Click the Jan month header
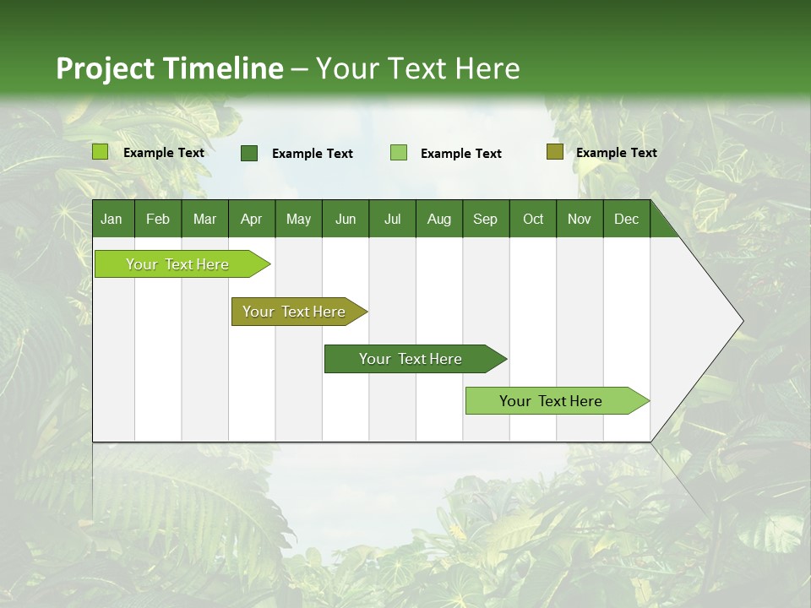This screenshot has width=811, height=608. [112, 220]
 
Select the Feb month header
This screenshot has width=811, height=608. [158, 220]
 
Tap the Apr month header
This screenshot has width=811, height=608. [251, 220]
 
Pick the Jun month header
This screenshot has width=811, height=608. [346, 220]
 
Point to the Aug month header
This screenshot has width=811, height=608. [438, 220]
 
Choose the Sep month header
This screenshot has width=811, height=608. [485, 220]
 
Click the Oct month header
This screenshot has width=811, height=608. [533, 220]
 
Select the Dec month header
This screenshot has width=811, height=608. [626, 220]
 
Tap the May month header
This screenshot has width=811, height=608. [298, 220]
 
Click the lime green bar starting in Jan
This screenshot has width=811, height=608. [177, 264]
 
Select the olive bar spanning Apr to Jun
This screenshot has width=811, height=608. [294, 312]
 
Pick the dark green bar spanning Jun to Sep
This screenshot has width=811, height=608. [411, 359]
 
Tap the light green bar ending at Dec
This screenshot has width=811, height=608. [551, 401]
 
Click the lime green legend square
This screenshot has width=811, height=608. [101, 152]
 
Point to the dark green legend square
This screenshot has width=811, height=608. [249, 153]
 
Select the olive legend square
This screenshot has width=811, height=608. [554, 152]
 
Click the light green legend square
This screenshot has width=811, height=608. [399, 153]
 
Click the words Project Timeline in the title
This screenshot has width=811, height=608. [169, 68]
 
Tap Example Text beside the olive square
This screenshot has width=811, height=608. [616, 153]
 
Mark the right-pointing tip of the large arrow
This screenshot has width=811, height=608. [741, 321]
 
